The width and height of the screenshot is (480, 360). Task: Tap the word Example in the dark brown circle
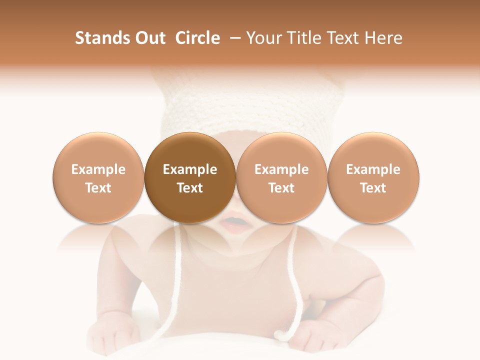point(190,169)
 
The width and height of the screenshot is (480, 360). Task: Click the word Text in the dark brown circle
point(190,188)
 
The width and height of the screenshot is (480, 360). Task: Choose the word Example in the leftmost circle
point(98,169)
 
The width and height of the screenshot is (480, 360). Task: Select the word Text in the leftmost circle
point(98,188)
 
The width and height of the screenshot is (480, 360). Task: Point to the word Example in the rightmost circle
point(373,169)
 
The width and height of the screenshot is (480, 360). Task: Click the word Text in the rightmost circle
point(373,188)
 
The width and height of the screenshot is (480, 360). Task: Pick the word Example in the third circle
point(281,169)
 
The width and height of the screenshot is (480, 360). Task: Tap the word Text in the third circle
point(281,188)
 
